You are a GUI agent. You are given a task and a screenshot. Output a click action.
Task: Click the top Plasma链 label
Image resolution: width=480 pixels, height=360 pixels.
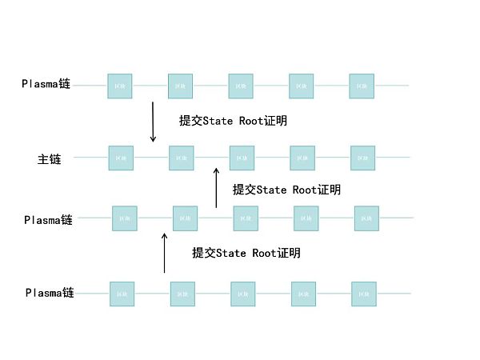pyautogui.click(x=46, y=83)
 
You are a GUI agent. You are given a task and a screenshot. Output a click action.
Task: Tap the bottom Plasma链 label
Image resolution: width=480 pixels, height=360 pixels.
pyautogui.click(x=50, y=293)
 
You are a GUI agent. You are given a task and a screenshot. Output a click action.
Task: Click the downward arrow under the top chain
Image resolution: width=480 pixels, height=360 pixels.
pyautogui.click(x=153, y=122)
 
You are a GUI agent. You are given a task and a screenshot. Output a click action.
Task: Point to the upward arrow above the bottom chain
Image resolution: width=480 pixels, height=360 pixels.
pyautogui.click(x=165, y=253)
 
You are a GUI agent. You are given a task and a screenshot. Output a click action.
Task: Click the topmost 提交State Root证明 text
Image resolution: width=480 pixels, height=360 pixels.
pyautogui.click(x=233, y=122)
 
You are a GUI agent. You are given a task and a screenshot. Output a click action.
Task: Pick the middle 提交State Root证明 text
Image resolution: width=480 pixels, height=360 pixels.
pyautogui.click(x=286, y=190)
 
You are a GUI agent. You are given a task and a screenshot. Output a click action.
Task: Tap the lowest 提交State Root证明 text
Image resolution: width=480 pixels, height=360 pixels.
pyautogui.click(x=246, y=253)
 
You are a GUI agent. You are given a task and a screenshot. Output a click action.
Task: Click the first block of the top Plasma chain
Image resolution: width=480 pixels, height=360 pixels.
pyautogui.click(x=120, y=86)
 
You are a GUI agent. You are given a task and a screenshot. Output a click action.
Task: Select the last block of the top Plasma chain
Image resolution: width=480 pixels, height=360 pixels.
pyautogui.click(x=362, y=86)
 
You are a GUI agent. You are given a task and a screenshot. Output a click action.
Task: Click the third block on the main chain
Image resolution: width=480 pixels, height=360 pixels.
pyautogui.click(x=242, y=158)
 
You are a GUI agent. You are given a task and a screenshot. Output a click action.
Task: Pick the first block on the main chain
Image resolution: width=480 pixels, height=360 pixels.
pyautogui.click(x=121, y=158)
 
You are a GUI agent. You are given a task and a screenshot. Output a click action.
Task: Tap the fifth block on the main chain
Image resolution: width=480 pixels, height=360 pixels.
pyautogui.click(x=362, y=158)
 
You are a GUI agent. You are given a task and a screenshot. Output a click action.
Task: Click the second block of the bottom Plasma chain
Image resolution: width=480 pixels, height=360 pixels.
pyautogui.click(x=182, y=294)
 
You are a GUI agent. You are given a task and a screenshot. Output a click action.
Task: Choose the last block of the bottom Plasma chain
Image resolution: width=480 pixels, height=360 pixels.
pyautogui.click(x=364, y=294)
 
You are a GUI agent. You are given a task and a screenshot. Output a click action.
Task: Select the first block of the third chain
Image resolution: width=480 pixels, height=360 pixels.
pyautogui.click(x=124, y=218)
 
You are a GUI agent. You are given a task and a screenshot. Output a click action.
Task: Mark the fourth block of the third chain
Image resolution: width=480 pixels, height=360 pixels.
pyautogui.click(x=306, y=218)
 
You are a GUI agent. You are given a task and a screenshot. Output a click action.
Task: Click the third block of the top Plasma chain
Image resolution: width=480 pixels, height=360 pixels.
pyautogui.click(x=241, y=86)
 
